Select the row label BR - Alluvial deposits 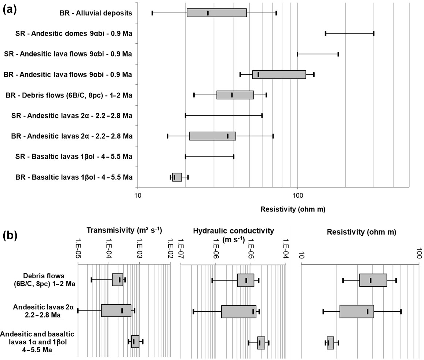(96, 13)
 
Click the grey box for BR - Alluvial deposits (216, 13)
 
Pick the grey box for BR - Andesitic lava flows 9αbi (279, 74)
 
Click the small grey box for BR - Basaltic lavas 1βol (177, 177)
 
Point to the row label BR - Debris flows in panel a (69, 95)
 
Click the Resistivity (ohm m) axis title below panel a (293, 210)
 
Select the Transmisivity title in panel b (124, 230)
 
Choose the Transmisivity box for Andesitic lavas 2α (116, 311)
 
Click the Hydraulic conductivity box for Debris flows (245, 280)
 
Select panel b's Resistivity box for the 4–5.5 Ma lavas (330, 342)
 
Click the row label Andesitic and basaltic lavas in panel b (38, 342)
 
